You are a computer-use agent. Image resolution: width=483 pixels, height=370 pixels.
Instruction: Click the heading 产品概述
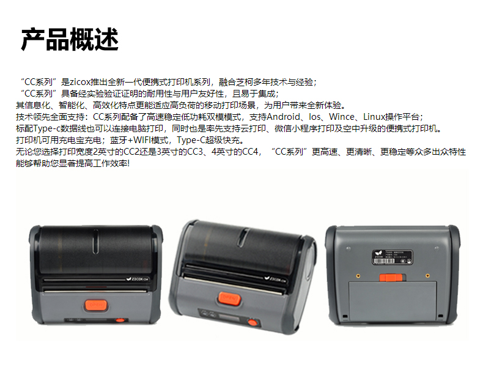pos(70,39)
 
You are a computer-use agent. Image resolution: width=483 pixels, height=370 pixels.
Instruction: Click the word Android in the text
pos(283,117)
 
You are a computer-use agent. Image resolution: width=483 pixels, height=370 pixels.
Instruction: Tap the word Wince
pos(341,117)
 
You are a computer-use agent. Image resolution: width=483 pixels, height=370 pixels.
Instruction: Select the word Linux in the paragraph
pos(374,117)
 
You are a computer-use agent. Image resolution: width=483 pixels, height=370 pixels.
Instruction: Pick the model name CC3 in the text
pos(194,152)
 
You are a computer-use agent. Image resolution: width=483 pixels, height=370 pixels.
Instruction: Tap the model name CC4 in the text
pos(249,152)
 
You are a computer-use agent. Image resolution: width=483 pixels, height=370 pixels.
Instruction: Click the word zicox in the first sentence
pos(80,82)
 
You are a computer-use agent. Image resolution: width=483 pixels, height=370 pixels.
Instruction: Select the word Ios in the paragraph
pos(314,117)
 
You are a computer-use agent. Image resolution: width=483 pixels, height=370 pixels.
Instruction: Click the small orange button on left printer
pos(120,320)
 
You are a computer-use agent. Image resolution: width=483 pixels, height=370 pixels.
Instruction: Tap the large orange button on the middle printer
pos(229,298)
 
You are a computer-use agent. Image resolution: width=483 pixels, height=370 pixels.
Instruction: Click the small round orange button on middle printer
pos(253,322)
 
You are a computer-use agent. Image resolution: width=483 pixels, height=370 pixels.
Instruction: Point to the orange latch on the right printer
pos(391,277)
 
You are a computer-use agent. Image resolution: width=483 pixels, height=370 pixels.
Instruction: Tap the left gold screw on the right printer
pos(358,276)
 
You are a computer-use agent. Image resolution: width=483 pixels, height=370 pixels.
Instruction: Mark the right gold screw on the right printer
pos(427,275)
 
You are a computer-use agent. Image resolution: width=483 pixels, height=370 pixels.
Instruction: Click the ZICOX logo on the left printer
pos(137,279)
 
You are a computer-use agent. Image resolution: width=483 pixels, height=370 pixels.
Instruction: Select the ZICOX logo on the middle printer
pos(275,279)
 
